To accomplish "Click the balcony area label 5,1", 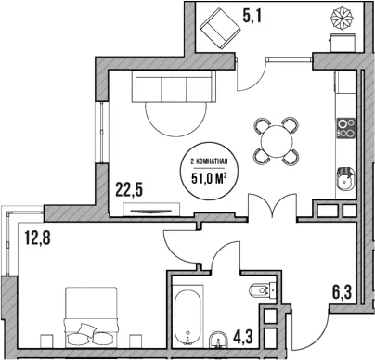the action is coord(252,16).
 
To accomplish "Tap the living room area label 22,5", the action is coord(129,189).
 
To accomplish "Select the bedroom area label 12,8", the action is coord(38,238).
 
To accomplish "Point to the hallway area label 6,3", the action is coord(343,292).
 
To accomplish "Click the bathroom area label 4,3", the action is coord(243,337).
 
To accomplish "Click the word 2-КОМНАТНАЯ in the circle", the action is coord(209,161).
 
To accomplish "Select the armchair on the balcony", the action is coord(220,28).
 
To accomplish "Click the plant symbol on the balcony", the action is coord(342,19).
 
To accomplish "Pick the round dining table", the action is coord(277,141).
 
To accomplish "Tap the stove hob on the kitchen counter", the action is coord(345,128).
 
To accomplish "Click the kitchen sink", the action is coord(345,179).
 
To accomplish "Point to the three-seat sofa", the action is coord(174,86).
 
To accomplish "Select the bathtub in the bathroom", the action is coord(187,317).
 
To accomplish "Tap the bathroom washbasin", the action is coord(219,340).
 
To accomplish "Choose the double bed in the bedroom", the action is coord(91,317).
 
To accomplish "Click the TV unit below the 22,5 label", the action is coord(151,210).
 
